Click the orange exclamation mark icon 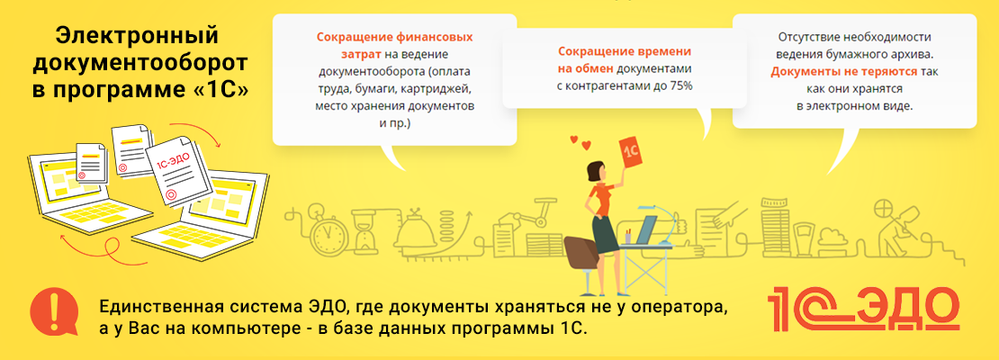(53, 310)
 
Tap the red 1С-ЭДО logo (863, 309)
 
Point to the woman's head (595, 170)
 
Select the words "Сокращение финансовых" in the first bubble (395, 36)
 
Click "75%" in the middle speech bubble (679, 85)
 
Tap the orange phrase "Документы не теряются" (844, 72)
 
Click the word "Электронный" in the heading (137, 37)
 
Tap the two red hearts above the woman (580, 141)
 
